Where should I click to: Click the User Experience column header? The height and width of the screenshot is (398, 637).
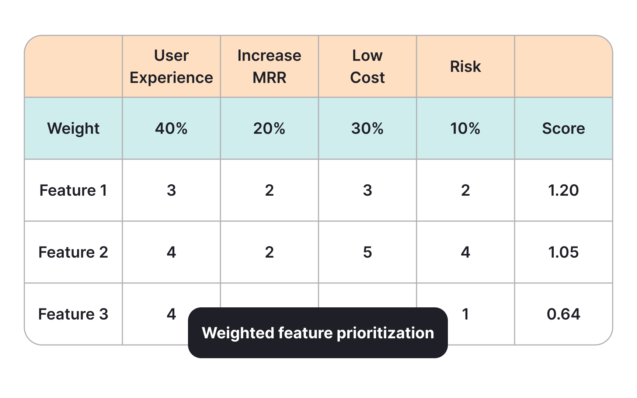[x=171, y=67]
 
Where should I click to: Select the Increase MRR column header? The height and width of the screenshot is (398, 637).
[x=269, y=67]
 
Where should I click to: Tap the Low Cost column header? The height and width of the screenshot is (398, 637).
[x=368, y=67]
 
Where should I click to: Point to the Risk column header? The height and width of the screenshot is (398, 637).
[x=466, y=67]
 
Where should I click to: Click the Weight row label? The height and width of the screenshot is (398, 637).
[x=73, y=129]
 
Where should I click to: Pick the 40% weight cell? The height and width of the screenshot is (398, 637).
[x=171, y=129]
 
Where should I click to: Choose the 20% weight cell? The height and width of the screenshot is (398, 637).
[x=269, y=129]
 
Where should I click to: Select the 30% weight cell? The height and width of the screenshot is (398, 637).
[x=368, y=129]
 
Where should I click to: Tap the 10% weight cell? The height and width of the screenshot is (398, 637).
[x=466, y=129]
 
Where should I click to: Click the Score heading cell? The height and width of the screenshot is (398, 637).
[x=564, y=129]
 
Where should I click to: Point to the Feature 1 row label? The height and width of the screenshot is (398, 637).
[x=73, y=191]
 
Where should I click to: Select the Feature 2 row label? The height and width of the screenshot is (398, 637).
[x=73, y=252]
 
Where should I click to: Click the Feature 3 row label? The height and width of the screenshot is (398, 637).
[x=73, y=314]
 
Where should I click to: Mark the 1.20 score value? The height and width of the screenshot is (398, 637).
[x=564, y=191]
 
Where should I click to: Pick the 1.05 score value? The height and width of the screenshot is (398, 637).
[x=564, y=252]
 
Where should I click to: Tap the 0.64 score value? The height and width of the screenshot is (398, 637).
[x=564, y=314]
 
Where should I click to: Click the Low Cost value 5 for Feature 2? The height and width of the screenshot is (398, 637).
[x=368, y=252]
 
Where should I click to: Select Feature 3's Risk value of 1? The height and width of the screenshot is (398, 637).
[x=466, y=314]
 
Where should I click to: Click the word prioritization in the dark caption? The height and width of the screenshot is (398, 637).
[x=385, y=333]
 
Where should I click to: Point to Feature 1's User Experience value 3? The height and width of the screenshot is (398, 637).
[x=171, y=191]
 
